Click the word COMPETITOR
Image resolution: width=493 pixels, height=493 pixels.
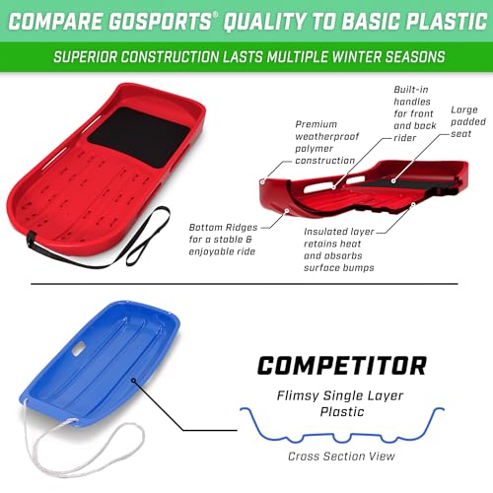[342, 366]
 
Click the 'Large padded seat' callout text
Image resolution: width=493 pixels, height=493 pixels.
[463, 124]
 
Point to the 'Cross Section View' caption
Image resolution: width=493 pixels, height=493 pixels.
[341, 457]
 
